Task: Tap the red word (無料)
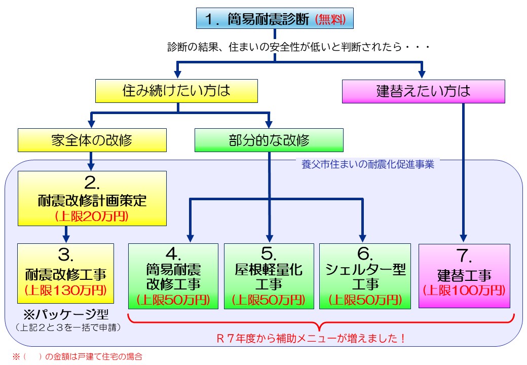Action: [x=330, y=20]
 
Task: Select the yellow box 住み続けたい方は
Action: [x=177, y=91]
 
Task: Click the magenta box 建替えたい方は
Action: [x=424, y=91]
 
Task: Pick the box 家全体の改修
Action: [x=92, y=140]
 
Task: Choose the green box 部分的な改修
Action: [x=269, y=140]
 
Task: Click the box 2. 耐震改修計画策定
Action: [x=92, y=198]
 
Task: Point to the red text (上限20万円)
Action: [x=92, y=216]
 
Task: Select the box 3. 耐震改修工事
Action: [x=65, y=272]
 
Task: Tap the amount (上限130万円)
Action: [x=65, y=290]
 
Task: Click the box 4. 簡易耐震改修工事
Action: [x=173, y=276]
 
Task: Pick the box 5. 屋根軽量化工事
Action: [x=269, y=276]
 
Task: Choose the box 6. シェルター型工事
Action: [x=364, y=276]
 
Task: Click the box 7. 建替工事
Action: [x=464, y=276]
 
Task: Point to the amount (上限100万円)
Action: [x=464, y=290]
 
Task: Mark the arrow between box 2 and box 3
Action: [x=66, y=234]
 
